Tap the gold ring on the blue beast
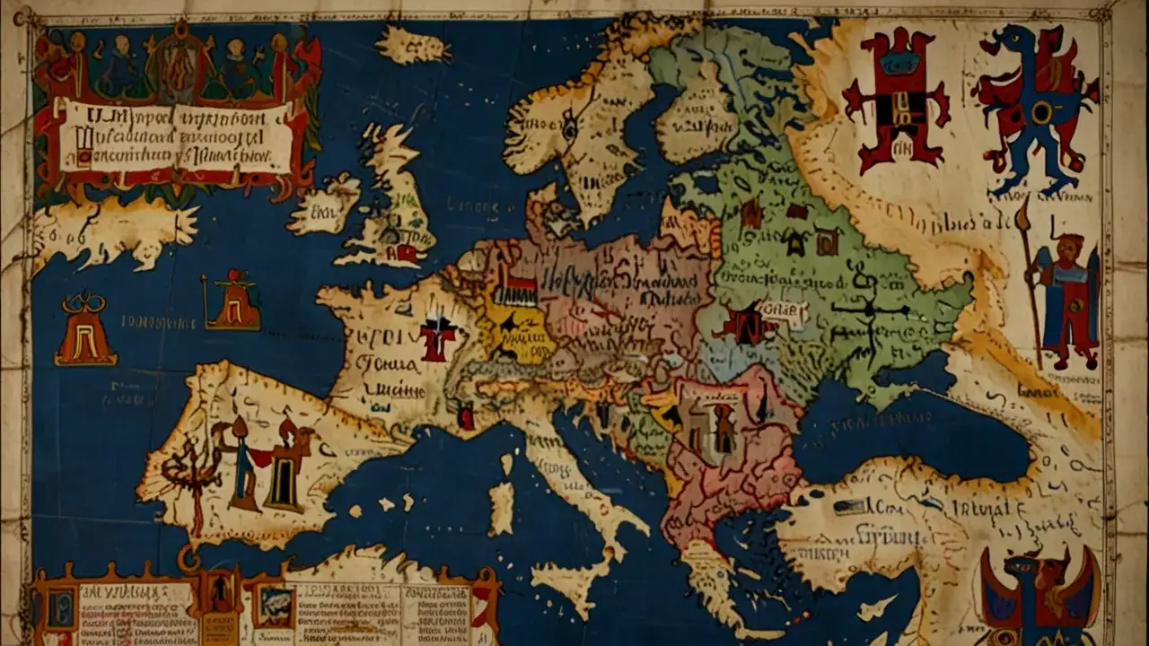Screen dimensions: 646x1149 pyautogui.click(x=1041, y=112)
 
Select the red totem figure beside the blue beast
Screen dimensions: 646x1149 pyautogui.click(x=895, y=99)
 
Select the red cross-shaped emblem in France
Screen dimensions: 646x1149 pyautogui.click(x=439, y=339)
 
